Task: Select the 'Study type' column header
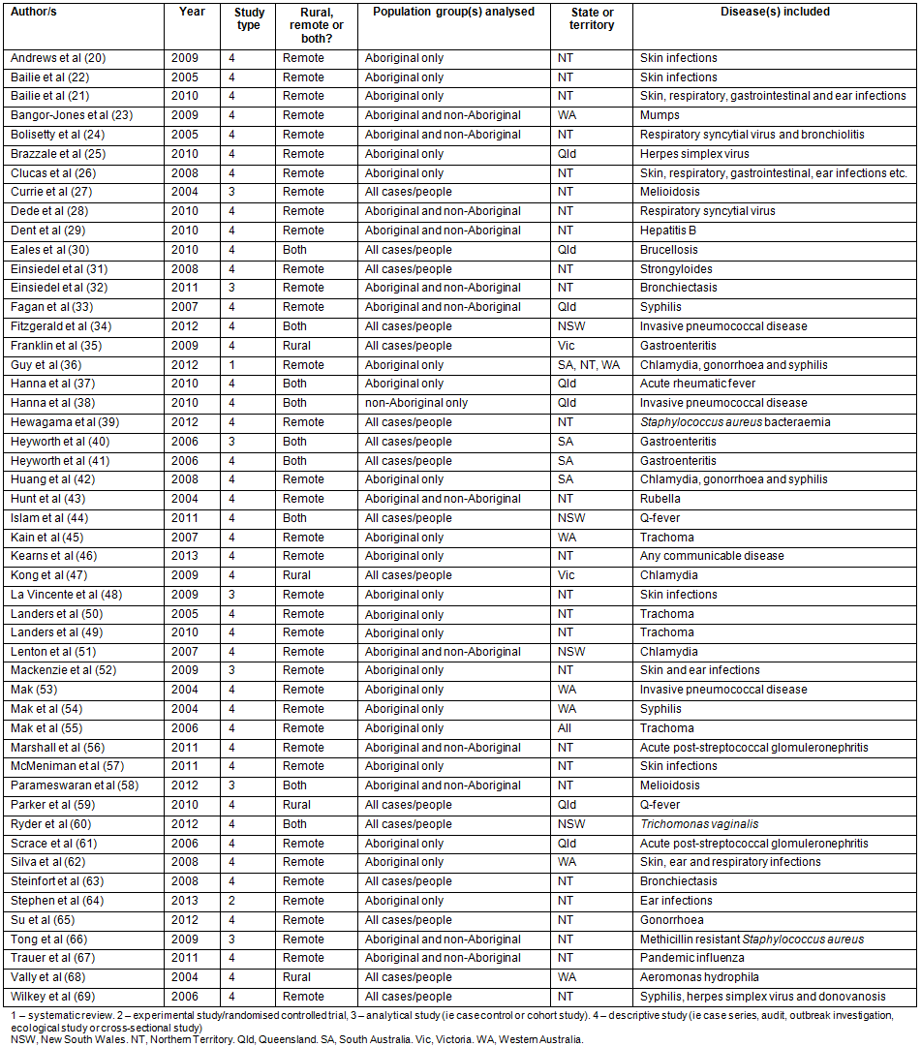(x=249, y=18)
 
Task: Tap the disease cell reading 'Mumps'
(x=658, y=115)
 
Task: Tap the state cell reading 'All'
(x=566, y=728)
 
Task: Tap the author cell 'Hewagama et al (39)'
(x=64, y=422)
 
